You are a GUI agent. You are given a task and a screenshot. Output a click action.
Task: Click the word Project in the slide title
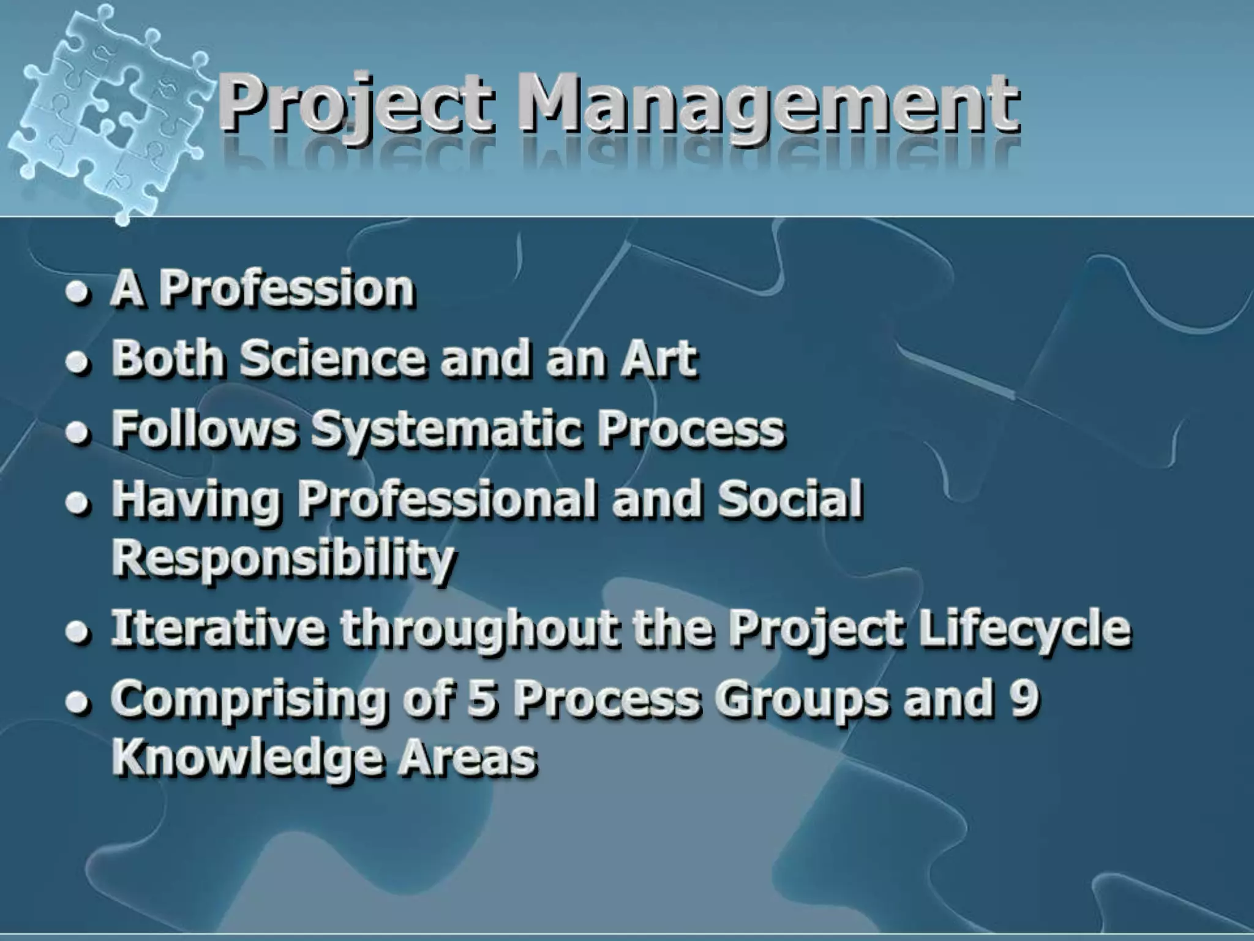pos(356,104)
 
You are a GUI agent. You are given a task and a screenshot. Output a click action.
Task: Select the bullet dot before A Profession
pos(78,292)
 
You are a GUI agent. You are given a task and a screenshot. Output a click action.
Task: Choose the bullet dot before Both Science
pos(78,362)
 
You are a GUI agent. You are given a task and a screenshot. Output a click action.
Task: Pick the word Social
pos(790,497)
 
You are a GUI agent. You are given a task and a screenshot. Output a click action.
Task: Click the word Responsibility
pos(283,559)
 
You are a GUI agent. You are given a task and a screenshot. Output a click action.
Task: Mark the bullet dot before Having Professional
pos(78,504)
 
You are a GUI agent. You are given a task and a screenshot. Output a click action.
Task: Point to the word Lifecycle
pos(1025,630)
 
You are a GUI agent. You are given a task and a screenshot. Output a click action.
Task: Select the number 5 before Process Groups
pos(481,698)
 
